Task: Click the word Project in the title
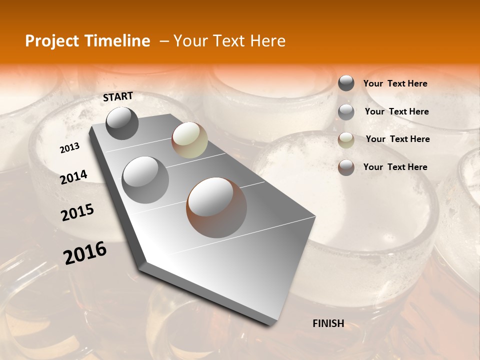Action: (x=48, y=41)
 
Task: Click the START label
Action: (x=118, y=96)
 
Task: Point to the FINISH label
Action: (x=328, y=323)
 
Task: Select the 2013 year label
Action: (x=69, y=148)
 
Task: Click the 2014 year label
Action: (x=73, y=177)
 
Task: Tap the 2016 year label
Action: (x=85, y=253)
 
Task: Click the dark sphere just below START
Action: (x=122, y=123)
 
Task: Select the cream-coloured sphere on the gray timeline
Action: (x=189, y=140)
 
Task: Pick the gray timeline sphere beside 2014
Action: (x=145, y=180)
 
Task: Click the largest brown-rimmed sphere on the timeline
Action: (x=216, y=207)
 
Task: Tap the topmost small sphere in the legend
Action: (x=346, y=83)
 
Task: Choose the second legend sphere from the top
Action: (x=346, y=112)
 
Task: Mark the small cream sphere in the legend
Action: (x=346, y=140)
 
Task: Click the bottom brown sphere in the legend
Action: (x=346, y=167)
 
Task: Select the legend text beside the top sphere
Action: (x=395, y=84)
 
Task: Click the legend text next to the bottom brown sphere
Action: (x=395, y=167)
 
